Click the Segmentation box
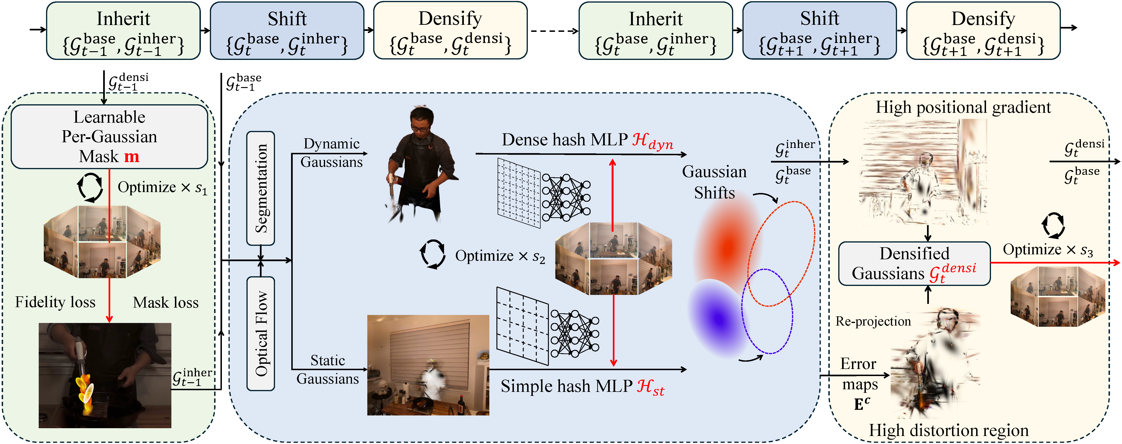click(x=260, y=188)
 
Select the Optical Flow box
click(x=260, y=333)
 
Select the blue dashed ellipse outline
click(x=767, y=311)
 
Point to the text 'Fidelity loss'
click(x=55, y=302)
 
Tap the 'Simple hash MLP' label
click(x=566, y=386)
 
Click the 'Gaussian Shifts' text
click(x=714, y=182)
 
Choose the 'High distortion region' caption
click(x=949, y=430)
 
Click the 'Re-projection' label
click(x=873, y=321)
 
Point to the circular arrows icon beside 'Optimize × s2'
click(x=432, y=254)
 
